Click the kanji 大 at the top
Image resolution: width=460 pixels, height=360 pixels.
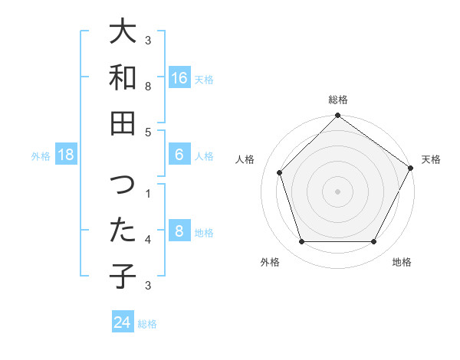[123, 32]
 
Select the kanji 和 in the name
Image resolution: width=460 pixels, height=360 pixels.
[123, 77]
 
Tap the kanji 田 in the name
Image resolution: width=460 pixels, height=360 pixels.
[123, 122]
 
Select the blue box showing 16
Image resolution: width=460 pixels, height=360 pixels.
[179, 77]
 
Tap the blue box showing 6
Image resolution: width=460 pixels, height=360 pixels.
[179, 155]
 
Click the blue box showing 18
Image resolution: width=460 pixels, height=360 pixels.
[66, 155]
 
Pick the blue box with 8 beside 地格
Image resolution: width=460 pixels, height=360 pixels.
[179, 231]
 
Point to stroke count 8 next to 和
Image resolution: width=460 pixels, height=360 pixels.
[148, 86]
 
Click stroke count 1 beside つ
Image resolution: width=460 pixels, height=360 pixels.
[148, 193]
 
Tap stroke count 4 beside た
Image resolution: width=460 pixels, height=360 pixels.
[148, 239]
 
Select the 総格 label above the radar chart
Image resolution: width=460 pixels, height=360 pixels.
[338, 100]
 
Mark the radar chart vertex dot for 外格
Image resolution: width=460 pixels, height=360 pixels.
[301, 242]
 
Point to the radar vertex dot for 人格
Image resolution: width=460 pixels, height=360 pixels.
[280, 172]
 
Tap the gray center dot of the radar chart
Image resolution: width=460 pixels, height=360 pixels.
[337, 191]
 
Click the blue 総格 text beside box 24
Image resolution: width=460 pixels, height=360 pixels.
[147, 324]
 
